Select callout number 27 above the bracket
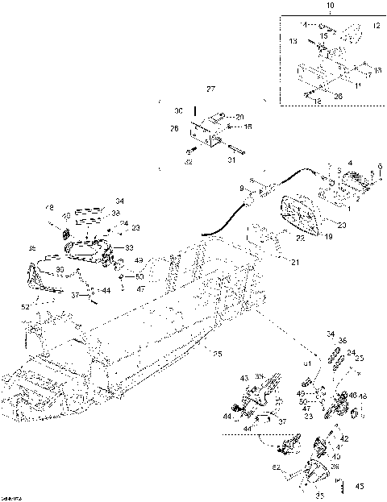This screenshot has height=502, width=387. [210, 88]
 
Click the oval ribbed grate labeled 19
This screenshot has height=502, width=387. [301, 214]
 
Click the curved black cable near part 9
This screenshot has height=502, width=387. [242, 201]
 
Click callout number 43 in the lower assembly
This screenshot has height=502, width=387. [244, 378]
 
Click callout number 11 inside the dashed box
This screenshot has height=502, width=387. [360, 85]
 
